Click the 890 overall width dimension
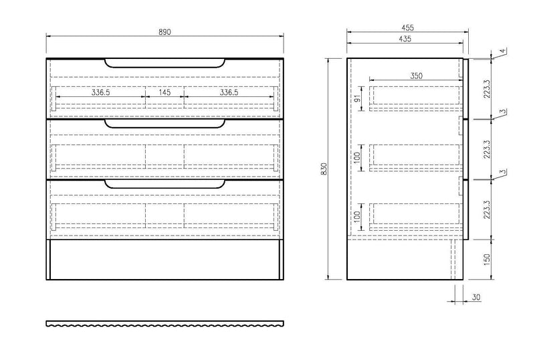pyautogui.click(x=165, y=32)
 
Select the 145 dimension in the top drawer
pyautogui.click(x=165, y=92)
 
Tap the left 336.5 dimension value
pyautogui.click(x=100, y=92)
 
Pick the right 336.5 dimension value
pyautogui.click(x=229, y=92)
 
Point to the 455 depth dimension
pyautogui.click(x=407, y=27)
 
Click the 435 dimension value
pyautogui.click(x=405, y=39)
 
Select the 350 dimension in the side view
pyautogui.click(x=416, y=76)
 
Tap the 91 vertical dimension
pyautogui.click(x=358, y=98)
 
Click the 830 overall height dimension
pyautogui.click(x=324, y=170)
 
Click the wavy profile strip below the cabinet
pyautogui.click(x=165, y=324)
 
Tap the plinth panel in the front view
pyautogui.click(x=165, y=260)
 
